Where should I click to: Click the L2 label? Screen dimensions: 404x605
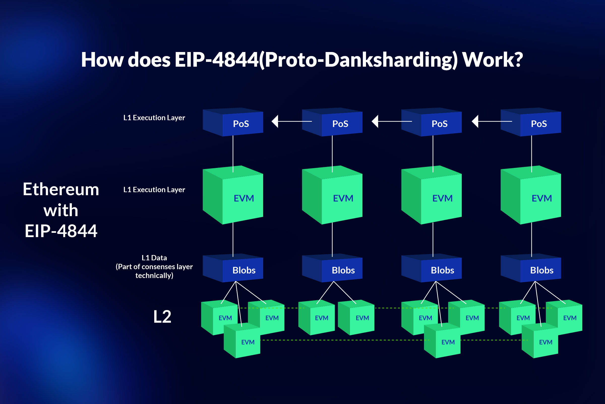pos(162,317)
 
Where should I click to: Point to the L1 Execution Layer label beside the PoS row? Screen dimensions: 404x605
pos(154,118)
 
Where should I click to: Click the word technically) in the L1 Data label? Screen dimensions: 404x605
pos(154,276)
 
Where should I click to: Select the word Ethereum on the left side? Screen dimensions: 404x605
pos(61,189)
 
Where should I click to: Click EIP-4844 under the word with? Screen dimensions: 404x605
pos(61,231)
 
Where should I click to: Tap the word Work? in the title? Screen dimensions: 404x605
pos(492,60)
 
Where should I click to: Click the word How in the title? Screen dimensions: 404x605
pos(102,60)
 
